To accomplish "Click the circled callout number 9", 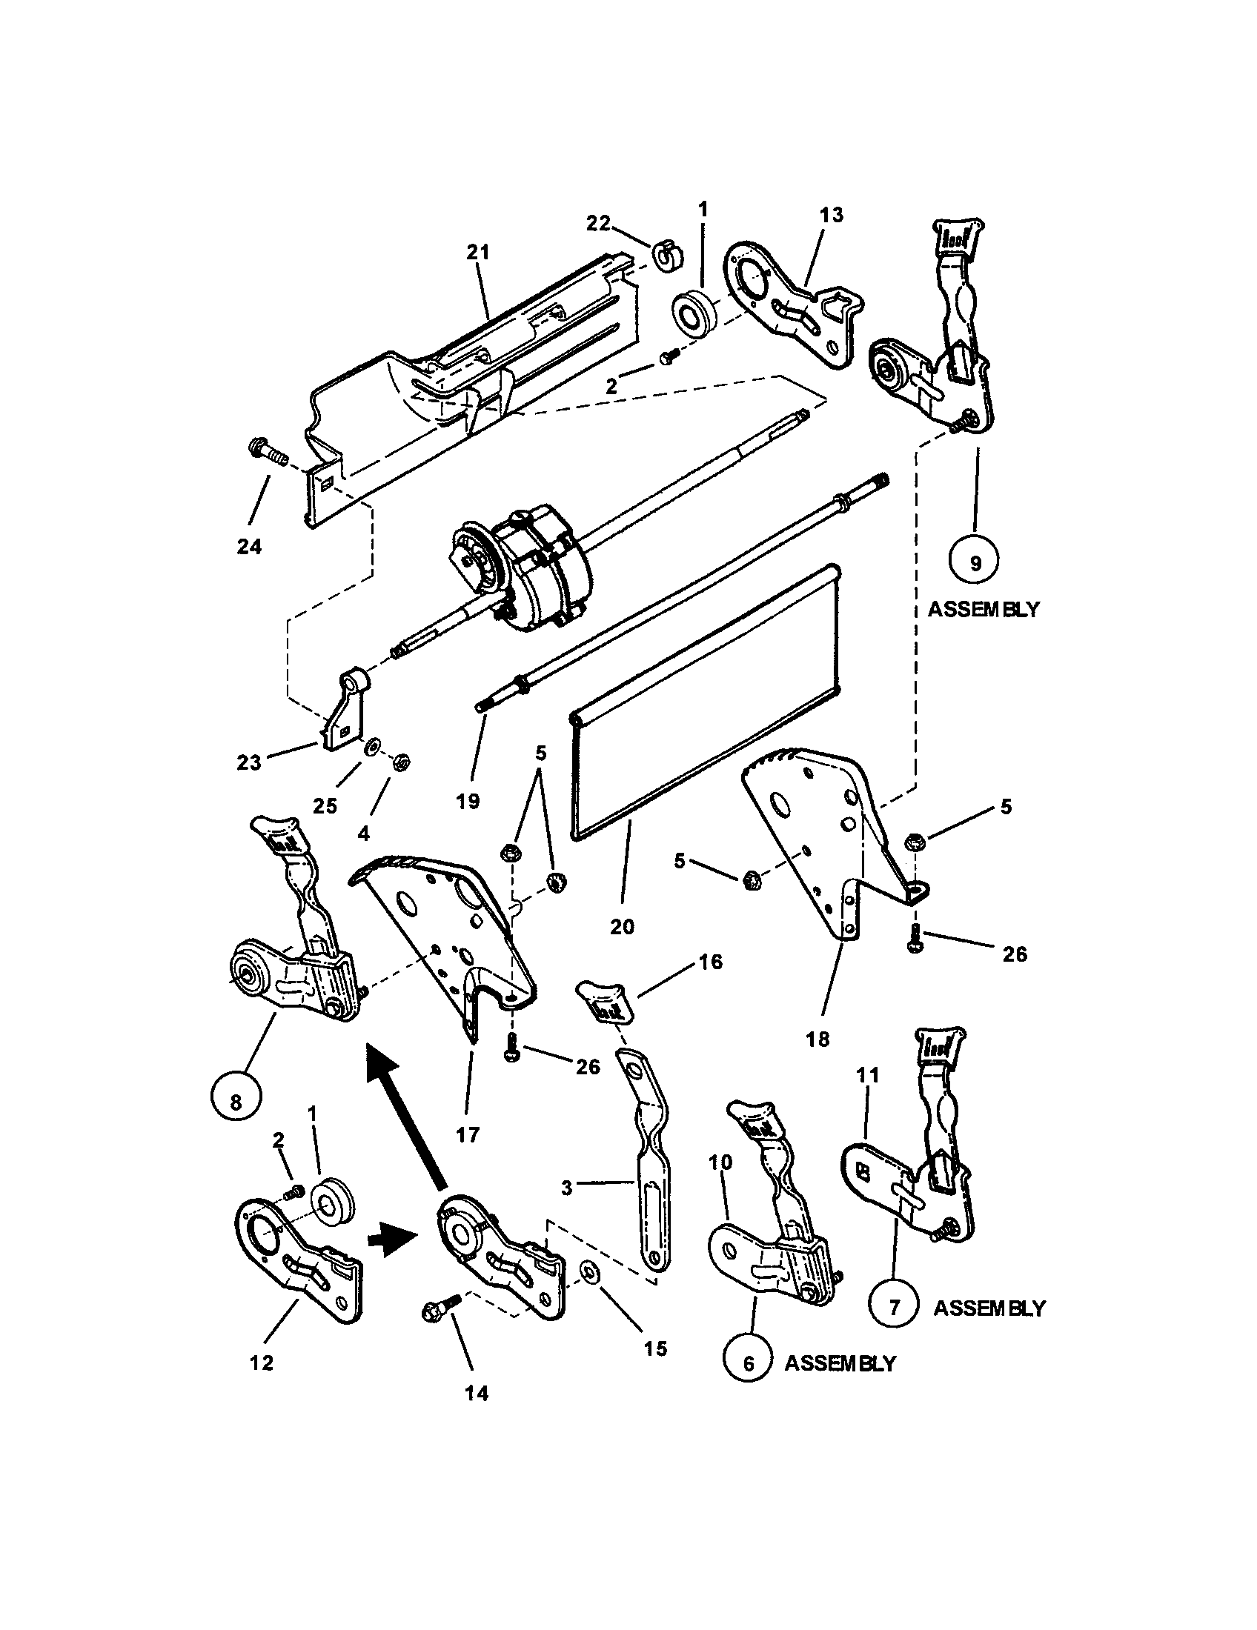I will (975, 563).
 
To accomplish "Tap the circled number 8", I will (236, 1102).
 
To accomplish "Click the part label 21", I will (478, 253).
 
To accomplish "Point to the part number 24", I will (249, 547).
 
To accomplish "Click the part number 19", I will (467, 802).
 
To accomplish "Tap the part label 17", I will (467, 1135).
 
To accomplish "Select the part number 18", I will (818, 1039).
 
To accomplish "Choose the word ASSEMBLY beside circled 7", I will (989, 1308).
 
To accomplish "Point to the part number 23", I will (249, 762).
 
